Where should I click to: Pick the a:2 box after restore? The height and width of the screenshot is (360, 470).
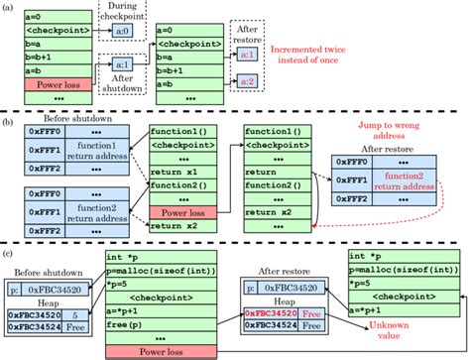[x=249, y=79]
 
